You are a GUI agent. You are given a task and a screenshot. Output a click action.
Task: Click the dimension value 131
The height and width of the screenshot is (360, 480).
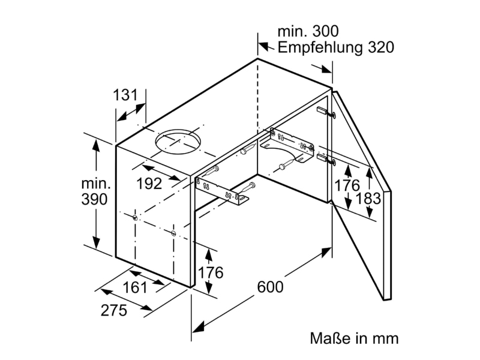(125, 95)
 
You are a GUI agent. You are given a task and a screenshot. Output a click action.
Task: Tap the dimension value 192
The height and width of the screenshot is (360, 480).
(149, 184)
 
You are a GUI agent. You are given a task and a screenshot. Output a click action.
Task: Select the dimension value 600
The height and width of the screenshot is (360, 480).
(271, 287)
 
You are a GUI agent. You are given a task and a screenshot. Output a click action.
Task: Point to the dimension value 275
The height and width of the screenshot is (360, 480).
(114, 310)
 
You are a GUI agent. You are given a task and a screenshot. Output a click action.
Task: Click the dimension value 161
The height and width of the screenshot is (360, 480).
(135, 287)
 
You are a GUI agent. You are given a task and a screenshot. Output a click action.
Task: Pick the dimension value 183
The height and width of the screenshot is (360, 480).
(368, 198)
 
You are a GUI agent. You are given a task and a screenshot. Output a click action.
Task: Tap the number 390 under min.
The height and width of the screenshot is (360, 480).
(95, 199)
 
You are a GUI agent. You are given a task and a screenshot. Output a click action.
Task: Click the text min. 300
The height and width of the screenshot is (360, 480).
(308, 31)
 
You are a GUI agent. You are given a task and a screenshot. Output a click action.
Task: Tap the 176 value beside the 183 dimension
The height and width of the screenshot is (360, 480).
(347, 185)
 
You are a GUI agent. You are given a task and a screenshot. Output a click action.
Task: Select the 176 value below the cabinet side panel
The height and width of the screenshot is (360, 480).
(211, 272)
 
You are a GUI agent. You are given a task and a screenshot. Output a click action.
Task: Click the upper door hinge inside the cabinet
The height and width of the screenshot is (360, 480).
(326, 112)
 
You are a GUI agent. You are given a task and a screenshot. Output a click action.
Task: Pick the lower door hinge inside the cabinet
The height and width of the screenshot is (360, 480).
(326, 160)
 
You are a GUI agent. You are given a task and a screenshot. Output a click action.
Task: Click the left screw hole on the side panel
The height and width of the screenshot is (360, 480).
(135, 217)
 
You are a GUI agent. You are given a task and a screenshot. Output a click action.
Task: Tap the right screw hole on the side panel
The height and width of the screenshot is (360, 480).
(173, 233)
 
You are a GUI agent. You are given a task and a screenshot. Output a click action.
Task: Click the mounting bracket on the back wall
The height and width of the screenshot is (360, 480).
(287, 145)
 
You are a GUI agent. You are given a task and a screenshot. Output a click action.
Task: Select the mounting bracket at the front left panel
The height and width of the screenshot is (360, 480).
(222, 191)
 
